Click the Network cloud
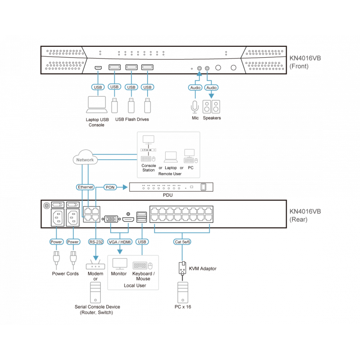click(x=85, y=159)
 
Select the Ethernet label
click(x=85, y=186)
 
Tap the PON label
click(x=110, y=186)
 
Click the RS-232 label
click(x=96, y=242)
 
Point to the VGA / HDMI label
click(x=120, y=242)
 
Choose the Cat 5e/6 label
click(x=182, y=242)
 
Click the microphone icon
click(x=194, y=106)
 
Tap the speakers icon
click(x=211, y=106)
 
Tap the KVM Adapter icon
click(x=182, y=268)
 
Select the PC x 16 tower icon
click(x=182, y=292)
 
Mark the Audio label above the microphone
click(x=194, y=87)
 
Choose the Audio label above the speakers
click(x=211, y=87)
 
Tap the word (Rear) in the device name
click(x=299, y=220)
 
